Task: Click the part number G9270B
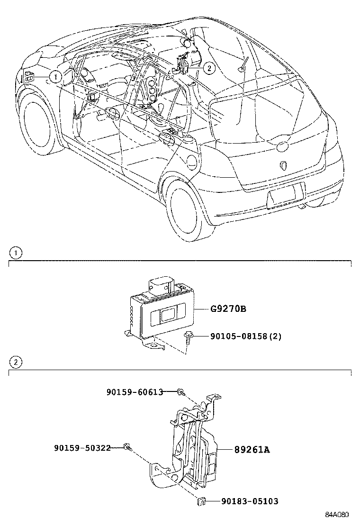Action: (228, 309)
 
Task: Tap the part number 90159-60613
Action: (135, 392)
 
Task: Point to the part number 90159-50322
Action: (82, 447)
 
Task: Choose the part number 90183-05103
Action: (249, 501)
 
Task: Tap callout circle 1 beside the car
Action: (55, 76)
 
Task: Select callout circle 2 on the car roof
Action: (209, 68)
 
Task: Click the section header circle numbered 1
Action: (16, 253)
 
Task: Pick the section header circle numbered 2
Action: (16, 363)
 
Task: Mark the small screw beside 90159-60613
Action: (181, 392)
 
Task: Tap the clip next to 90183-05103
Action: (200, 500)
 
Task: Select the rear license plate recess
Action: (286, 196)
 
